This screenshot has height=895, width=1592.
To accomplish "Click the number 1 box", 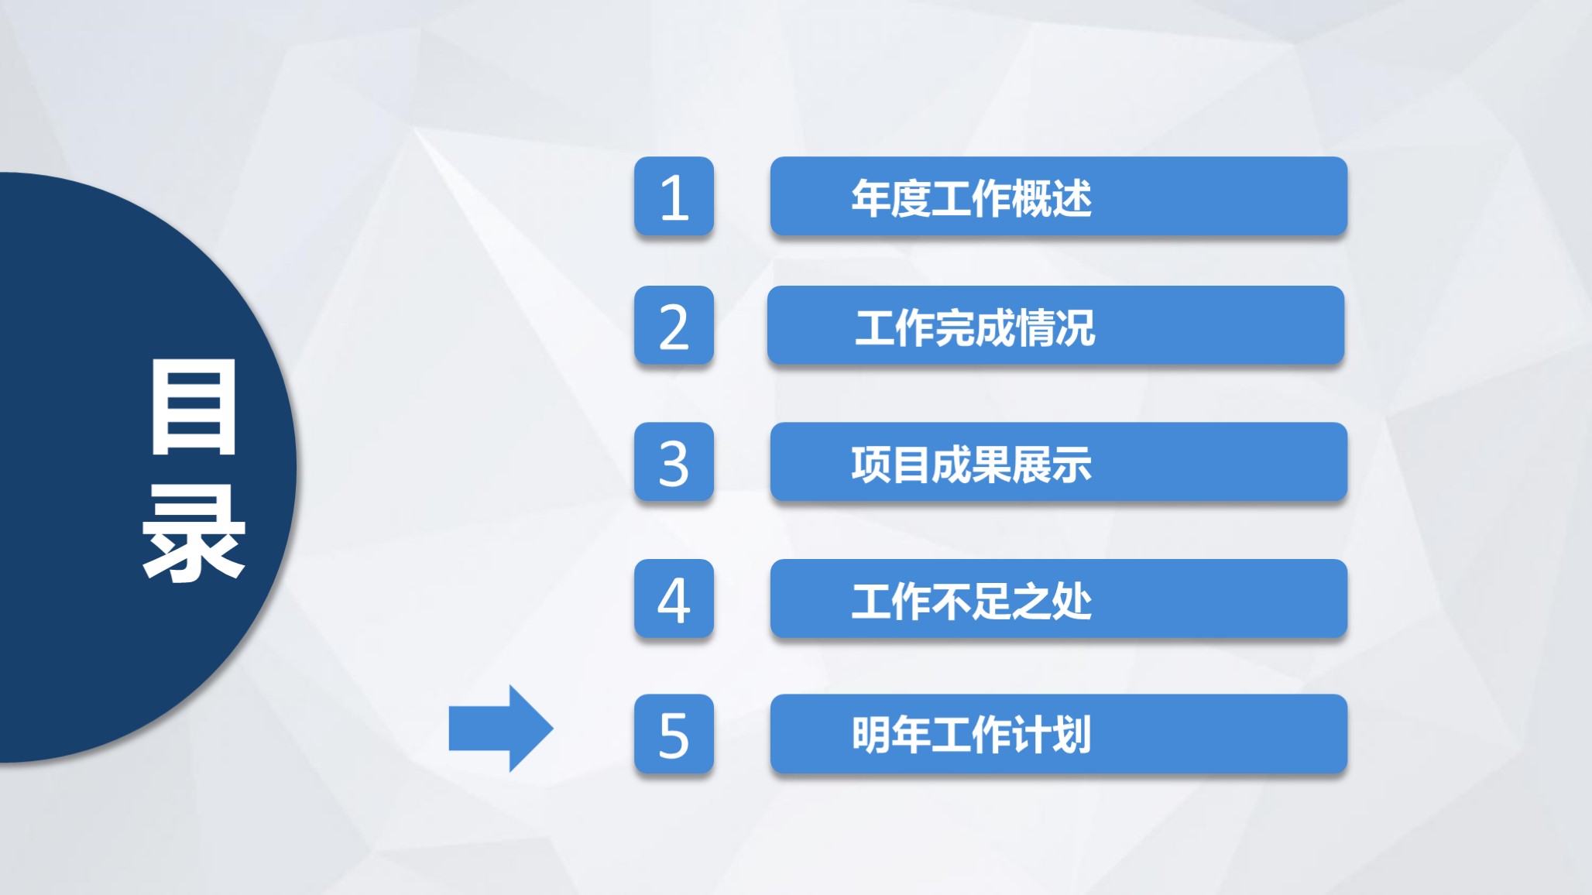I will tap(674, 197).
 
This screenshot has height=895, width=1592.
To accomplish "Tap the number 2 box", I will tap(674, 326).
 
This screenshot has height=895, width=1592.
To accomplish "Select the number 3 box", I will tap(674, 462).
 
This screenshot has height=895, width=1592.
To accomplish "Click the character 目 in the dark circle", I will tap(194, 407).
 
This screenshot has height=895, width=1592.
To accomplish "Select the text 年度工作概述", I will tap(971, 198).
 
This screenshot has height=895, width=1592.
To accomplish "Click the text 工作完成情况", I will tap(975, 327).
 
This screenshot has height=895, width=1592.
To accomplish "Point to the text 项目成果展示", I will tap(971, 465).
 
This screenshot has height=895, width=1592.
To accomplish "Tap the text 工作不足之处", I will tap(971, 601).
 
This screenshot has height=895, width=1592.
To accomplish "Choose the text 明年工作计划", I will tap(971, 735).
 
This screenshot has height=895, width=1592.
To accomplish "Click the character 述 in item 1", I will tap(1072, 198).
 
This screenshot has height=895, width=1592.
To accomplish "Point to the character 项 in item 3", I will tap(872, 465).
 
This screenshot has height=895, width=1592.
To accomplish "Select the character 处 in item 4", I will tap(1072, 601).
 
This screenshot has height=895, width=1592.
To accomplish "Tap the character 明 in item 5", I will tap(872, 735).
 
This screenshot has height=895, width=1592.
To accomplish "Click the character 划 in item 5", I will tap(1072, 735).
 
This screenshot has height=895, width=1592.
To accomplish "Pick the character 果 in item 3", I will tap(991, 465).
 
